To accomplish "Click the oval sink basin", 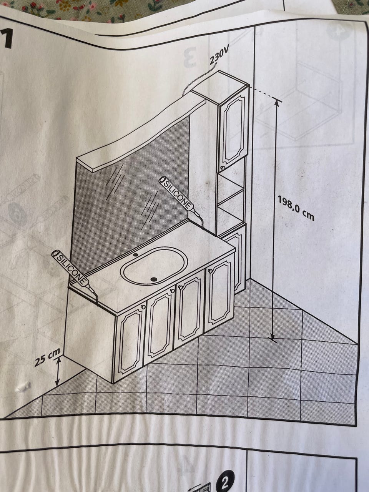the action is [154, 267].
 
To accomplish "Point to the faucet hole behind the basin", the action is [135, 255].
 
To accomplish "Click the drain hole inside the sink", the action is [154, 279].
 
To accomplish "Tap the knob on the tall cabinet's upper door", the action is [223, 167].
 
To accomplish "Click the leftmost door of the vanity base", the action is [130, 341].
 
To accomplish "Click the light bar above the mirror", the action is [141, 135].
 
